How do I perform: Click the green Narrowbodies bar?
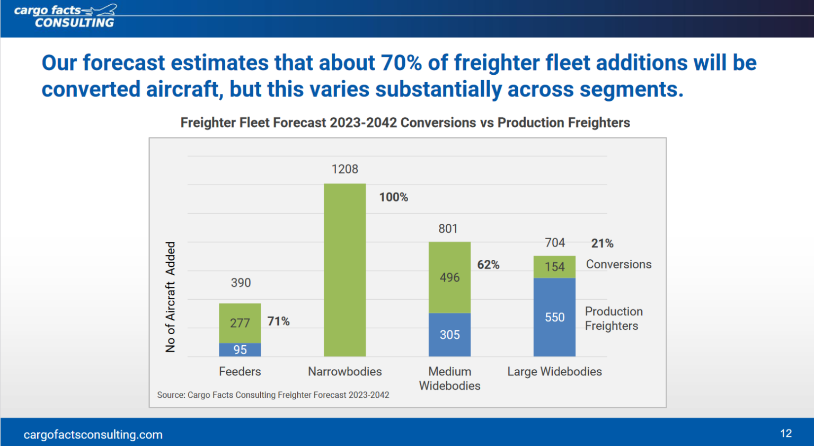tap(344, 270)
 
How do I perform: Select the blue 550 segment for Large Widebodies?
tap(554, 317)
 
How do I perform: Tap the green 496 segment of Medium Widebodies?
tap(449, 277)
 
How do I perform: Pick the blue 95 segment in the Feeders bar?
tap(240, 350)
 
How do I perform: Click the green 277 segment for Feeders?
tap(240, 323)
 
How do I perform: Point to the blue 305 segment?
tap(449, 335)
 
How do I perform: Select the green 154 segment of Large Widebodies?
tap(554, 267)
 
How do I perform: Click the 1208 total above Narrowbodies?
tap(344, 169)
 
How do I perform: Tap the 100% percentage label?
tap(393, 197)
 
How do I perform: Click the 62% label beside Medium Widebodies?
tap(488, 265)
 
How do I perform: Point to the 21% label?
tap(602, 243)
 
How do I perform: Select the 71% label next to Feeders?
tap(278, 321)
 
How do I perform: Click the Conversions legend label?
tap(618, 264)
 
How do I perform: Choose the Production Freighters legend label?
tap(613, 319)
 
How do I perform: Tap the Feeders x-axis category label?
tap(240, 372)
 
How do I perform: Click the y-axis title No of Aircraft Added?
tap(170, 297)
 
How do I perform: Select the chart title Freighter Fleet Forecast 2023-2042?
tap(405, 123)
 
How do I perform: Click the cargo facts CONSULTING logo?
tap(65, 16)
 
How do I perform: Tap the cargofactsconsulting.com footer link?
tap(93, 434)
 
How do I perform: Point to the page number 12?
tap(785, 433)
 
